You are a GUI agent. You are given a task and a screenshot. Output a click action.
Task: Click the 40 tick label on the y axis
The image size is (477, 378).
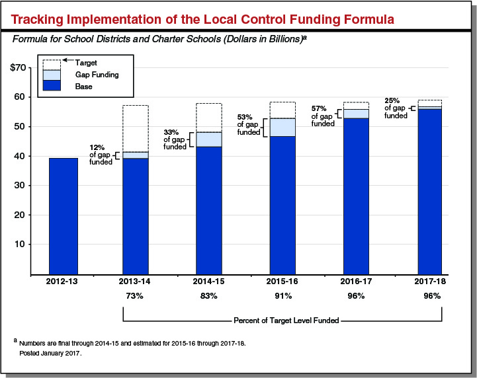20,156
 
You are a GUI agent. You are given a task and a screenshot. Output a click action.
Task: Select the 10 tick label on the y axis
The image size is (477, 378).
20,245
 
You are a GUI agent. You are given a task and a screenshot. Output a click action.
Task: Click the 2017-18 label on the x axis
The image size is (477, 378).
429,282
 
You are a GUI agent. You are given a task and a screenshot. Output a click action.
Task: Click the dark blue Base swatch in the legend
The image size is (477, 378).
52,86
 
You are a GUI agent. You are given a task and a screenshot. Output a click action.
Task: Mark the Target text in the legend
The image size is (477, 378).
86,63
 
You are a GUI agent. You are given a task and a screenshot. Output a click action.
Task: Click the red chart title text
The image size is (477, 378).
202,19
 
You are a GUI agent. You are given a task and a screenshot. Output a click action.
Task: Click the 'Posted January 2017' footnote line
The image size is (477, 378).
50,354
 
